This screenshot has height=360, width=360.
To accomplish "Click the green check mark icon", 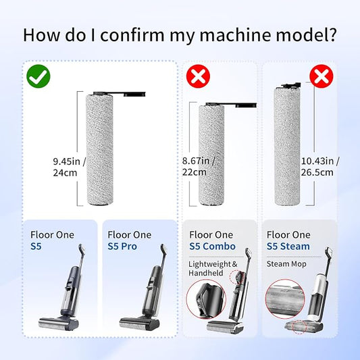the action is [38, 76].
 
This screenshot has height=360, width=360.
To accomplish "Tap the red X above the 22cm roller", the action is [198, 76].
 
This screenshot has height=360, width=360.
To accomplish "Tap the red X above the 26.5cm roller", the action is [322, 76].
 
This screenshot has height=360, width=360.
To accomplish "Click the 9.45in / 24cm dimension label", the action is [69, 167].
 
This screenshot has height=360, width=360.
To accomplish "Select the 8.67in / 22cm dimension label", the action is [198, 166].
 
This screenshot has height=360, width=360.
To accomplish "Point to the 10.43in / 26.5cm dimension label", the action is [320, 166].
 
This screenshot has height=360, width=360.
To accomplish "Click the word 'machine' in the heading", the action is [236, 35].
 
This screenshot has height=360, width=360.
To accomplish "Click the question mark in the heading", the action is [332, 34].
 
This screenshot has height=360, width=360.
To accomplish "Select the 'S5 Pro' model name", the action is [122, 247].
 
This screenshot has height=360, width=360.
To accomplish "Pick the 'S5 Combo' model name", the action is [212, 247].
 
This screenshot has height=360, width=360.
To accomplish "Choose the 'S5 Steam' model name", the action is [288, 247].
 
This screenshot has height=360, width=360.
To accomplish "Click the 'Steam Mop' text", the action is [286, 264].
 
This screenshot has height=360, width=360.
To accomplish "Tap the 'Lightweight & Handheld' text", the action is [213, 268].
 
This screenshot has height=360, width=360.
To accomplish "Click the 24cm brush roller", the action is [100, 150].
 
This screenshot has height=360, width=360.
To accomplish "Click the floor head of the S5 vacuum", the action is [59, 323].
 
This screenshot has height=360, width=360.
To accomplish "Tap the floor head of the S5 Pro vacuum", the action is [139, 323].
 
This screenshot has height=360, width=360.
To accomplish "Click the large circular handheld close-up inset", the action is [206, 299].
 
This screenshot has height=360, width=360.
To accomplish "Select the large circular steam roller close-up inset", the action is [285, 299].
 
